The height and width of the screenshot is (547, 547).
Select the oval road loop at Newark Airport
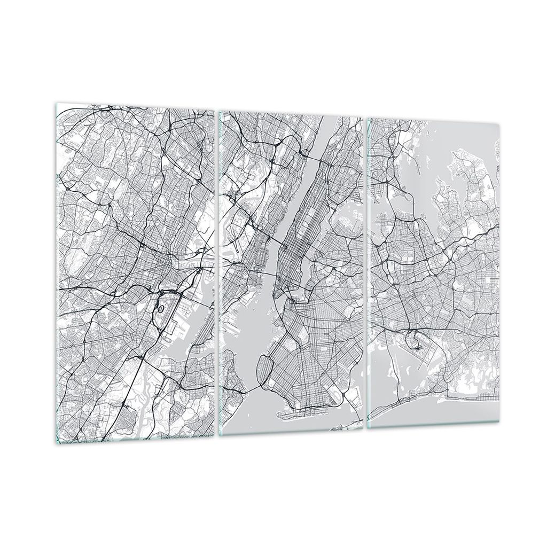(162, 307)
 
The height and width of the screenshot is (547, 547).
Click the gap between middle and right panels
(365, 267)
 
